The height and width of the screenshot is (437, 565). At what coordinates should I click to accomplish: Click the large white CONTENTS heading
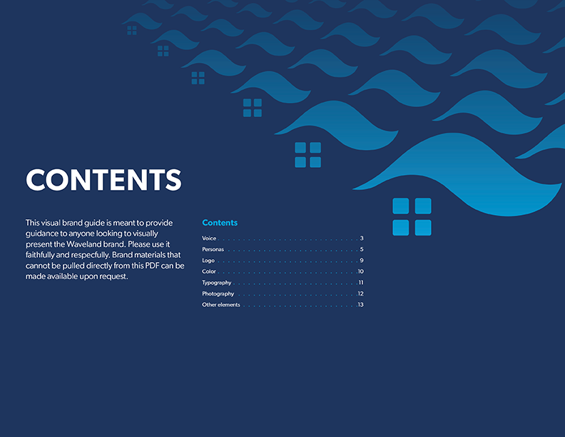pyautogui.click(x=103, y=179)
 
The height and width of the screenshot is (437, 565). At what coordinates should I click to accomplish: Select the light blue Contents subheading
pyautogui.click(x=220, y=223)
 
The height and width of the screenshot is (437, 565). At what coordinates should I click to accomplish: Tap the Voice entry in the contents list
pyautogui.click(x=209, y=238)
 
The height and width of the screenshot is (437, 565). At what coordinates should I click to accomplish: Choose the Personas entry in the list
pyautogui.click(x=213, y=249)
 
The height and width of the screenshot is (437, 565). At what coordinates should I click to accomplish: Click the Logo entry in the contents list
pyautogui.click(x=208, y=261)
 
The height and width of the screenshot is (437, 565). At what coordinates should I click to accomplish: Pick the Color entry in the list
pyautogui.click(x=209, y=271)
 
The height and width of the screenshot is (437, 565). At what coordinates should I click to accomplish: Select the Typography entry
pyautogui.click(x=217, y=283)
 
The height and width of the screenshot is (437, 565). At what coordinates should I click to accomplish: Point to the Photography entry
pyautogui.click(x=218, y=294)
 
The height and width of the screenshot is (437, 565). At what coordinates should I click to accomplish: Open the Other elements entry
pyautogui.click(x=221, y=305)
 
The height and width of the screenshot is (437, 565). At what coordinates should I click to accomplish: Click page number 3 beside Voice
pyautogui.click(x=362, y=238)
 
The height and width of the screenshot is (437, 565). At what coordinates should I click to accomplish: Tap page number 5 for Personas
pyautogui.click(x=362, y=249)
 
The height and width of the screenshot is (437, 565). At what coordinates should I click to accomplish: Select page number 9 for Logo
pyautogui.click(x=362, y=261)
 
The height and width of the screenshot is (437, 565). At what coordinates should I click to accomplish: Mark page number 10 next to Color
pyautogui.click(x=361, y=271)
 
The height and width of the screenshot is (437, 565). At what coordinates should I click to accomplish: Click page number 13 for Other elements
pyautogui.click(x=361, y=305)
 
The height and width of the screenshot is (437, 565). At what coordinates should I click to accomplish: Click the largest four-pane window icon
pyautogui.click(x=412, y=216)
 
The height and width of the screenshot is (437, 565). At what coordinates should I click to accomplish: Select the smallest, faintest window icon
pyautogui.click(x=132, y=30)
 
